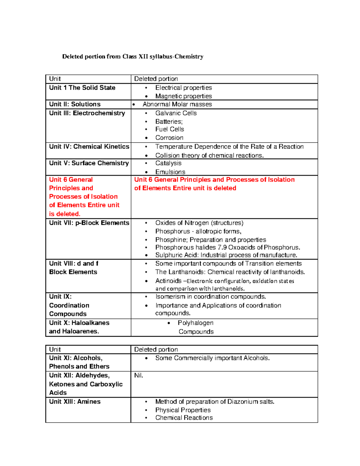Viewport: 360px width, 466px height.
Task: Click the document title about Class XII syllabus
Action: tap(133, 56)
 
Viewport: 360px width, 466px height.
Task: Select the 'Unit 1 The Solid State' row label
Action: tap(82, 88)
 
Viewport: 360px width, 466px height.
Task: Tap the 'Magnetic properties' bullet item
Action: tap(183, 96)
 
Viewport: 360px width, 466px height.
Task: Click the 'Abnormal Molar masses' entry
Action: tap(177, 104)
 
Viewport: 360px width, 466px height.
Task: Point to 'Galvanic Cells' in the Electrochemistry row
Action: tap(176, 113)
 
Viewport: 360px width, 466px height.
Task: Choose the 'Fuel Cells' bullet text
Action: tap(169, 129)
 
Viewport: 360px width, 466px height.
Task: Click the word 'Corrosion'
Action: tap(169, 138)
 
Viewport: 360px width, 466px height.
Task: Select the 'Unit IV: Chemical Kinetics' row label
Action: tap(89, 146)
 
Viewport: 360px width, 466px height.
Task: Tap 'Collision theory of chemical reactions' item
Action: tap(209, 155)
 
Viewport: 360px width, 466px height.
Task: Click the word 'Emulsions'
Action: tap(170, 172)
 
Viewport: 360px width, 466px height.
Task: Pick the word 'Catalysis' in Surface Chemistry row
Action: tap(168, 163)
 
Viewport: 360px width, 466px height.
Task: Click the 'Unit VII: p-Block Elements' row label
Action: tap(89, 223)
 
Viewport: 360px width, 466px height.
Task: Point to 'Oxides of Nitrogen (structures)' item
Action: tap(199, 223)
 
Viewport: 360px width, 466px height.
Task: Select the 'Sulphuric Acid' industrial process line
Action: tap(226, 255)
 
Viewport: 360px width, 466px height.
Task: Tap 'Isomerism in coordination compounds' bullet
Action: tap(210, 296)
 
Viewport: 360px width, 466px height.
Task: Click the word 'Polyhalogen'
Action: tap(195, 323)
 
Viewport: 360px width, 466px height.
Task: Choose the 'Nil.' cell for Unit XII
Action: tap(139, 375)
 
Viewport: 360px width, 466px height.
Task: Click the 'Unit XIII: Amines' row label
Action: tap(75, 401)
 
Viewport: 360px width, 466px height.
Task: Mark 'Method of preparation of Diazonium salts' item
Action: tap(214, 401)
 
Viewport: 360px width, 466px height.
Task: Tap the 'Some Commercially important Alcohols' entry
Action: tap(212, 358)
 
